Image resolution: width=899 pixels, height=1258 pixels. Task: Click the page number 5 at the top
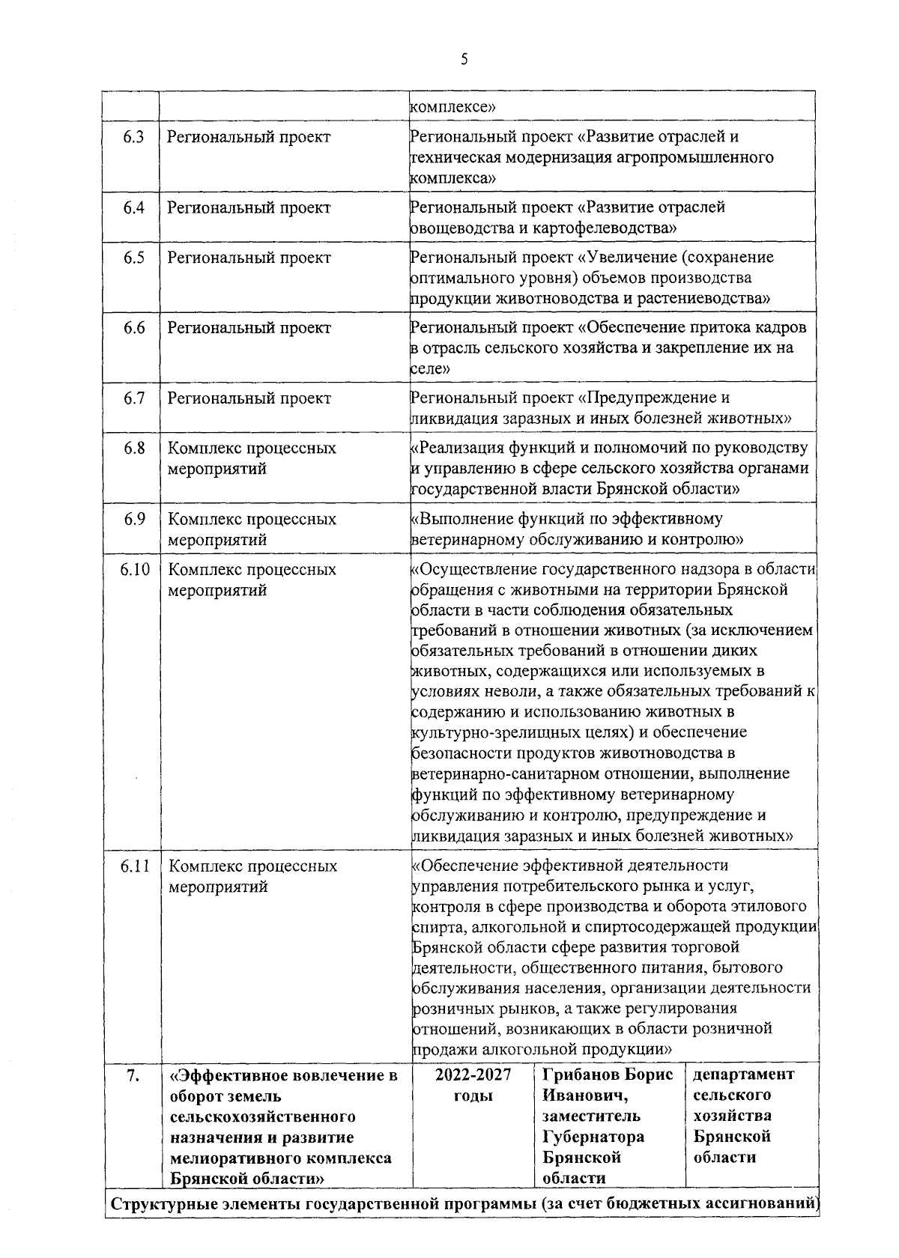pyautogui.click(x=464, y=59)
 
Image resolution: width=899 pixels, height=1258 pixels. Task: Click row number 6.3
pyautogui.click(x=133, y=138)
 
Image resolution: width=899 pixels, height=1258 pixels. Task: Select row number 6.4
pyautogui.click(x=133, y=208)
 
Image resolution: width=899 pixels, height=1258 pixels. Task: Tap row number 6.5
pyautogui.click(x=133, y=258)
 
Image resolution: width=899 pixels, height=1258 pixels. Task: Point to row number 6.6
pyautogui.click(x=133, y=328)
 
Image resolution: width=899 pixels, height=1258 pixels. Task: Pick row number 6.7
pyautogui.click(x=133, y=398)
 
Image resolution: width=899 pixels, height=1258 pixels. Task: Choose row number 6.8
pyautogui.click(x=133, y=449)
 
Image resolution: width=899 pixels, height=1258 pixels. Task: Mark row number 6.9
pyautogui.click(x=133, y=519)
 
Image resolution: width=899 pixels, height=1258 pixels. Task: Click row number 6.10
pyautogui.click(x=135, y=570)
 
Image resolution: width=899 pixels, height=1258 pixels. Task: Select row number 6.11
pyautogui.click(x=135, y=866)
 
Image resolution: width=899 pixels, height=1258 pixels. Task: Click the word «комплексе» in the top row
pyautogui.click(x=452, y=106)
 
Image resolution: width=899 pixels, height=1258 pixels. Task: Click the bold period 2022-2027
pyautogui.click(x=473, y=1075)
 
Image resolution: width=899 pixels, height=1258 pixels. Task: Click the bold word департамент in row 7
pyautogui.click(x=743, y=1075)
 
